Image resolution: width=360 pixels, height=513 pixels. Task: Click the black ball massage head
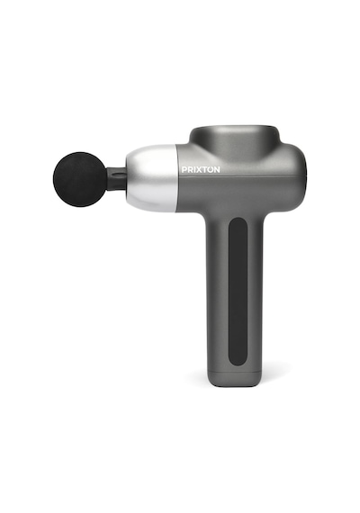click(79, 179)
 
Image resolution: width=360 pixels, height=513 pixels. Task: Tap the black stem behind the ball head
click(116, 178)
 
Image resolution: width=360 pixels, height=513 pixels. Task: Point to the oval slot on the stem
click(118, 174)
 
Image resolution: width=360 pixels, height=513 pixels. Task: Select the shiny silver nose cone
click(152, 178)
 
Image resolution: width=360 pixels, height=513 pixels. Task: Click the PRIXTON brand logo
click(201, 170)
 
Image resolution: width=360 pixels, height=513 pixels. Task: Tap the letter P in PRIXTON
click(184, 170)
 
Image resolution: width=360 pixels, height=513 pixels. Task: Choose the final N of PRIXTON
click(217, 170)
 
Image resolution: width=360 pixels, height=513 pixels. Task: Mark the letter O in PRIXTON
click(210, 170)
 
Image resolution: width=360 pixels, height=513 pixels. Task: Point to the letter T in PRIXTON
click(203, 170)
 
